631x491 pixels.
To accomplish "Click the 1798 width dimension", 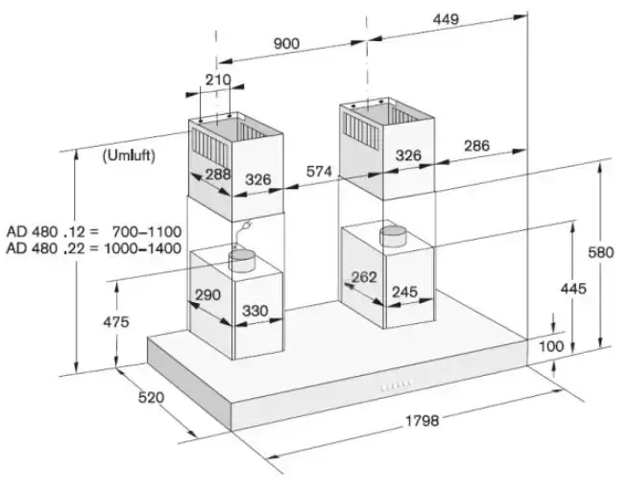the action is pos(422,420).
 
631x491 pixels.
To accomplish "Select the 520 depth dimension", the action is pos(151,397).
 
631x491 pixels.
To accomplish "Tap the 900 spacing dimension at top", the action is pos(286,43).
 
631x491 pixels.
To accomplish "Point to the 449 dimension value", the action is pos(446,19).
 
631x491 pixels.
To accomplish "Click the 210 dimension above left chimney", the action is pos(218,80).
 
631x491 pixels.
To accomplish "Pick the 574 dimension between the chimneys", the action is pos(319,172).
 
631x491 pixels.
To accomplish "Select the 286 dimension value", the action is pos(477,146).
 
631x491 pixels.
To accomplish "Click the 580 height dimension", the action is pos(601,252).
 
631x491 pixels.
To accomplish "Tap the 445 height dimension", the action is pos(573,289).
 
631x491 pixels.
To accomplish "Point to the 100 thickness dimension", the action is pos(551,346).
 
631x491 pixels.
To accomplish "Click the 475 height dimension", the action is pos(116,322).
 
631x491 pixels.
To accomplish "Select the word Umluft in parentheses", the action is pos(129,155).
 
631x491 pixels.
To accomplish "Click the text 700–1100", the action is pos(147,232).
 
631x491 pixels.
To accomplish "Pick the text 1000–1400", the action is pos(142,248).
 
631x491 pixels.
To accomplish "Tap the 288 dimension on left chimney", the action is pos(218,175).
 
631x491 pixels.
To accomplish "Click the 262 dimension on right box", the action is pos(364,277).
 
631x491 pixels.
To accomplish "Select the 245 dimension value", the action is pos(405,292).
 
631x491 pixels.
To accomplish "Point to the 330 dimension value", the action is pos(255,311).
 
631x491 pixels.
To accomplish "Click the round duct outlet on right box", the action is pos(394,236).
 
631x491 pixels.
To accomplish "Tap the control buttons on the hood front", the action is pos(396,386).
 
